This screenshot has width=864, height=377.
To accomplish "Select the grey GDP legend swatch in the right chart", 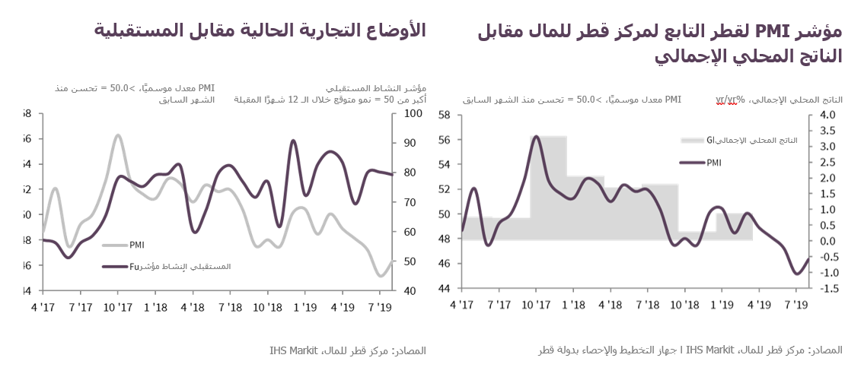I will click(x=693, y=141).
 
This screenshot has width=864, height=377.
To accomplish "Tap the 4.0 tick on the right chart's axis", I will click(x=827, y=115).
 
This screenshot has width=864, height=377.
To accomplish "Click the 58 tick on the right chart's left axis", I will click(x=445, y=115).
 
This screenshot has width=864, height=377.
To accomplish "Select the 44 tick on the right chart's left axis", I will click(x=445, y=289).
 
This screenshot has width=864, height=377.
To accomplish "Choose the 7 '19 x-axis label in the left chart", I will click(x=378, y=307).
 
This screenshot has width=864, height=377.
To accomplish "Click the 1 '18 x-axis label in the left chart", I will click(x=155, y=307).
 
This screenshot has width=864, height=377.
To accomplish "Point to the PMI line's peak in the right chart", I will click(x=536, y=137).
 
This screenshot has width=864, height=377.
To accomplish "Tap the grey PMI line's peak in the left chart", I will click(x=118, y=135).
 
